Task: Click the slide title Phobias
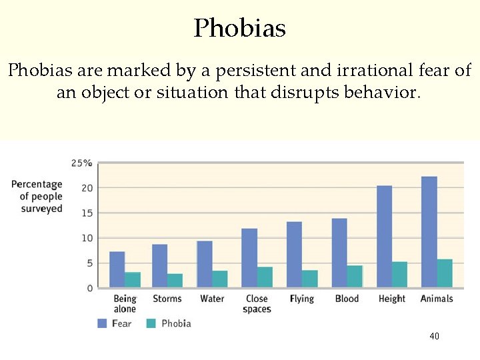[240, 28]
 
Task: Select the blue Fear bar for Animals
[429, 232]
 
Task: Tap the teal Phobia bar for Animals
[445, 273]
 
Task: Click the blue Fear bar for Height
[384, 237]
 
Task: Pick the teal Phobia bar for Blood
[355, 277]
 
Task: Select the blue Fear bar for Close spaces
[249, 258]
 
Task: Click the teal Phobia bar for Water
[220, 279]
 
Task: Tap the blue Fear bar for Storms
[159, 266]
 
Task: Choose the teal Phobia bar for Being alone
[133, 280]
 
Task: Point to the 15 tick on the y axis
[87, 213]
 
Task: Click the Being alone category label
[125, 304]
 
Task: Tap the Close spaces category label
[257, 304]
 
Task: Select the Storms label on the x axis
[167, 299]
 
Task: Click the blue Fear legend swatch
[103, 323]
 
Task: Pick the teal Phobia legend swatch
[151, 323]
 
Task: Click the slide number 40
[435, 337]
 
